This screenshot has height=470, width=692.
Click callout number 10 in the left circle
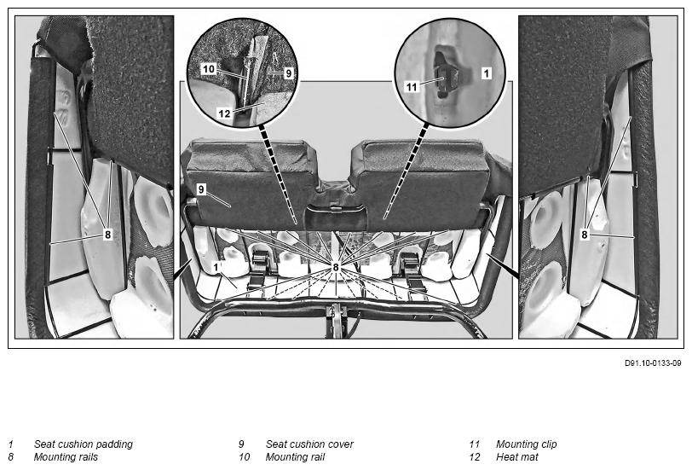click(x=208, y=69)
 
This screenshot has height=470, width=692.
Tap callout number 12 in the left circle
click(x=224, y=113)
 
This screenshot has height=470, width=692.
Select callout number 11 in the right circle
click(x=412, y=87)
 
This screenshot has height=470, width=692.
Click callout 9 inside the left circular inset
click(x=289, y=73)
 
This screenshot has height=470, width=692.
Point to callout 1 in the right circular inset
click(x=486, y=73)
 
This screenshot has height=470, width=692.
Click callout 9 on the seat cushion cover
click(x=202, y=189)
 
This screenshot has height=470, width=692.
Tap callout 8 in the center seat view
click(x=336, y=267)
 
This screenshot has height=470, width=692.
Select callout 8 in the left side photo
click(x=108, y=234)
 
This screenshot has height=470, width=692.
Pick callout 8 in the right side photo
click(x=585, y=234)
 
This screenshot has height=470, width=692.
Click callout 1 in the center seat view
click(x=216, y=267)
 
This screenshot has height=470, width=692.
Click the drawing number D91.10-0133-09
click(x=653, y=363)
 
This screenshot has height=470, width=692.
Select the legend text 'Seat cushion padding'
click(x=83, y=444)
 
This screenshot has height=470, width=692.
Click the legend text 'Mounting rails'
click(x=66, y=457)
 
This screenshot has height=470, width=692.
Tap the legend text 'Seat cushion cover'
click(x=309, y=444)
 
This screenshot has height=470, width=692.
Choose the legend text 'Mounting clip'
click(x=527, y=444)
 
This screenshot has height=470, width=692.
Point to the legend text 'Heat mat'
click(x=517, y=457)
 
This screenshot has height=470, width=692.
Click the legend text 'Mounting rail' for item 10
click(x=295, y=457)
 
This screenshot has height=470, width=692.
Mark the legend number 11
click(x=475, y=444)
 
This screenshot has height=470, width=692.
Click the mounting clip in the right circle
click(x=443, y=78)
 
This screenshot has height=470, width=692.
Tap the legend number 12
click(x=475, y=457)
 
